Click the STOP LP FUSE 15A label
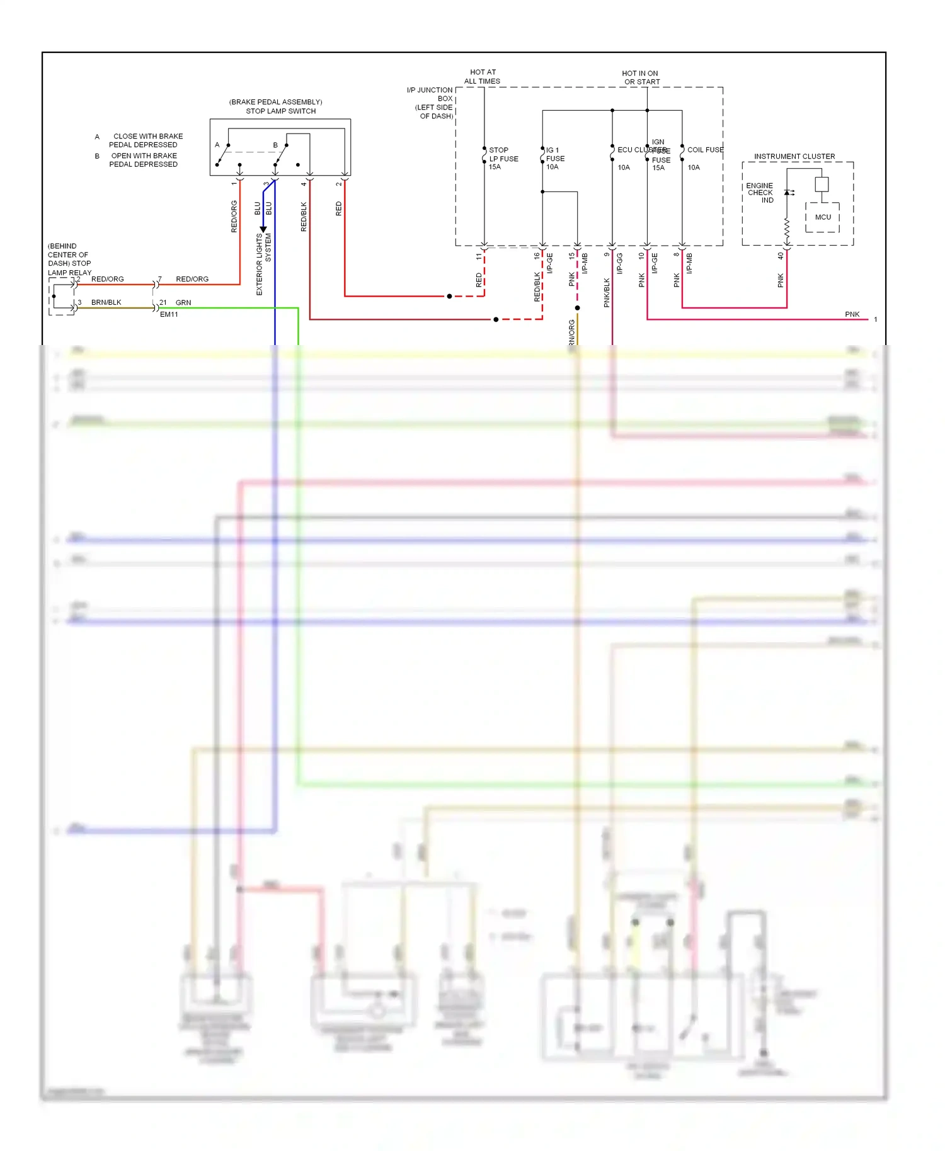[x=503, y=159]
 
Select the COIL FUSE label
[x=705, y=150]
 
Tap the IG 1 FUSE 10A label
[x=554, y=159]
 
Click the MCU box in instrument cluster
[x=823, y=217]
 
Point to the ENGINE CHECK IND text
[x=760, y=193]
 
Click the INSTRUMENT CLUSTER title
[x=794, y=156]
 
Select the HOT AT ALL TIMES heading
[x=483, y=77]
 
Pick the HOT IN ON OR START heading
[x=641, y=77]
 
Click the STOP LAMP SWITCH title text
[x=280, y=111]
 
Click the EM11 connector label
[x=169, y=314]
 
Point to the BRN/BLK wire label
[x=106, y=302]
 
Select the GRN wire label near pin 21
[x=183, y=302]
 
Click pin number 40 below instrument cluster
[x=780, y=256]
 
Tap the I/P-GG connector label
[x=620, y=263]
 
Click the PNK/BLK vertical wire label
[x=607, y=293]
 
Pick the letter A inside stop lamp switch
[x=217, y=145]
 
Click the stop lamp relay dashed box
[x=62, y=296]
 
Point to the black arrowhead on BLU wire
[x=263, y=230]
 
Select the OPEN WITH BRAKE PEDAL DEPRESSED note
[x=144, y=160]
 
